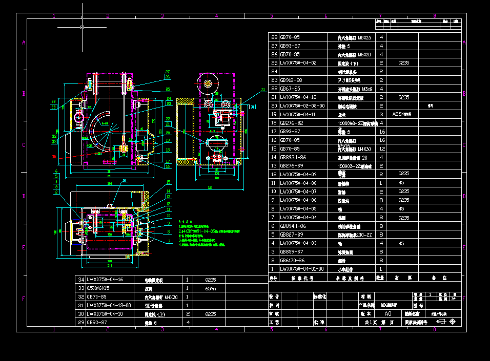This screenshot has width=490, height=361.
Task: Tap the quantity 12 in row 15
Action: [381, 148]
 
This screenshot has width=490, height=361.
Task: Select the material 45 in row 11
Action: [401, 183]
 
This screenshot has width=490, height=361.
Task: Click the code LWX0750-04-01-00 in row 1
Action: [302, 268]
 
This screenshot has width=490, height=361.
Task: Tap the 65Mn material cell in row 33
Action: [210, 288]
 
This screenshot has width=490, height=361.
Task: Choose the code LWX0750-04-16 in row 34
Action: [105, 280]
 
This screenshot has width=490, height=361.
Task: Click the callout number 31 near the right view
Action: [263, 90]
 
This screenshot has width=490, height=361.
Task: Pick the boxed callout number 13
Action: [168, 196]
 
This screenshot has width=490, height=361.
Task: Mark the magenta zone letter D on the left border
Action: [24, 196]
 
